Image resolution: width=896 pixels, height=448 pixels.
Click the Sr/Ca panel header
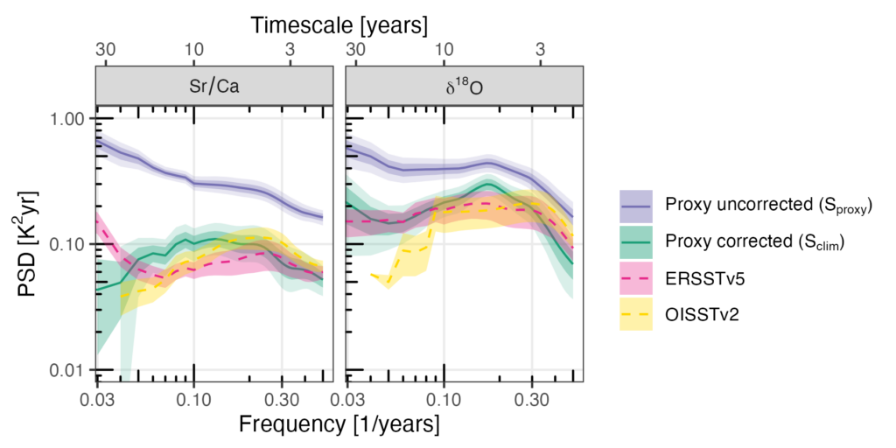click(x=213, y=87)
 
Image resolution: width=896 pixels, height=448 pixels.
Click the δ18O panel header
click(x=465, y=87)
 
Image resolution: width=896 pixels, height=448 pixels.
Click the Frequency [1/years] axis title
click(x=339, y=425)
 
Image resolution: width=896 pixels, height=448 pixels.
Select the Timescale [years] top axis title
click(x=339, y=25)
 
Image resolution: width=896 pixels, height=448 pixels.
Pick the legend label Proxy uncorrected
click(x=753, y=206)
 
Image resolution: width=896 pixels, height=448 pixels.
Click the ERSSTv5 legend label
click(x=699, y=276)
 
